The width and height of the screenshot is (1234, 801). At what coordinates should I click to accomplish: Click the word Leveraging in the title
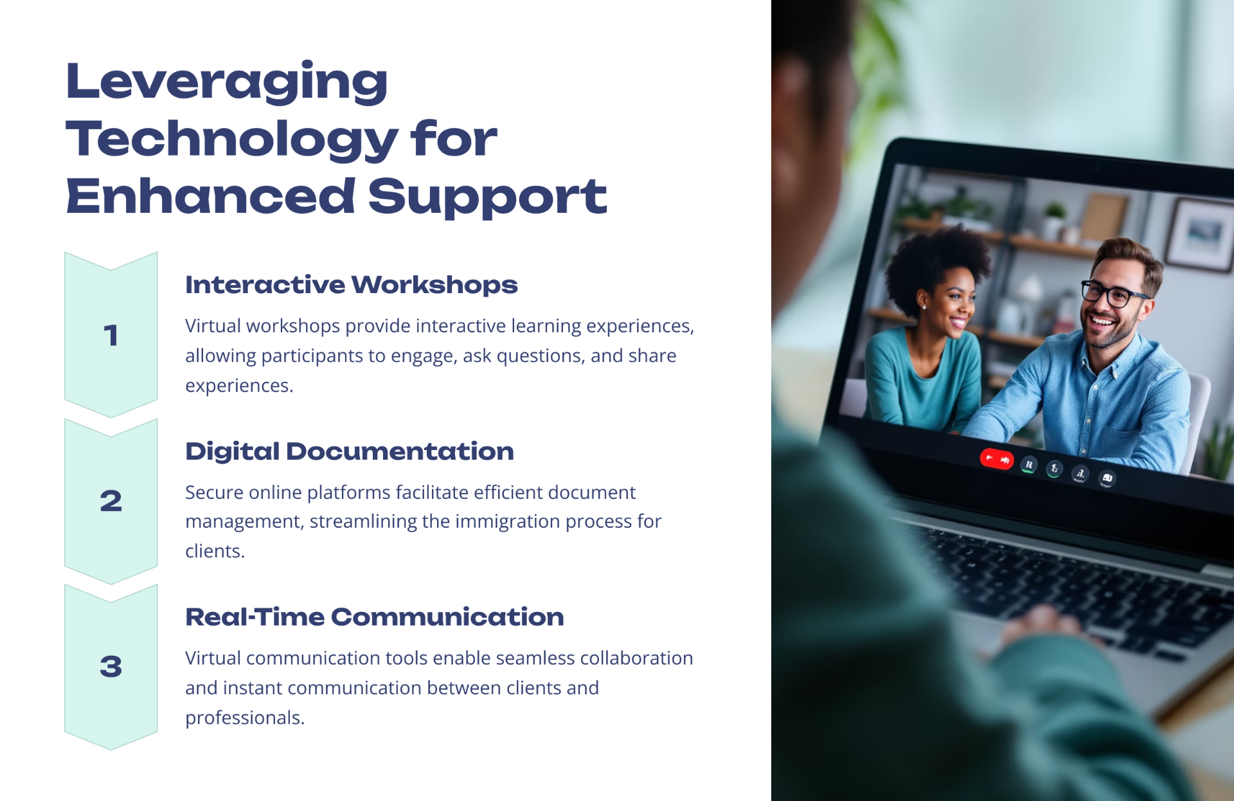(x=227, y=82)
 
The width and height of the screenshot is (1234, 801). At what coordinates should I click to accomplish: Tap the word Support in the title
(x=487, y=197)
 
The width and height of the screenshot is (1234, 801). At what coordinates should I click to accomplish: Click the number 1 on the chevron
(x=111, y=336)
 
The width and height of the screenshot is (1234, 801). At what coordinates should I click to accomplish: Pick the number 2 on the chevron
(x=111, y=501)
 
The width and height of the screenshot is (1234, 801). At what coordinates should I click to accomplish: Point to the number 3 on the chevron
(x=111, y=666)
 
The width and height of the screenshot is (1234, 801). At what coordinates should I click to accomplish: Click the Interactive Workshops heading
(x=352, y=285)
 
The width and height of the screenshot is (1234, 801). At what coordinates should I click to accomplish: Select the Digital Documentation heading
(x=350, y=451)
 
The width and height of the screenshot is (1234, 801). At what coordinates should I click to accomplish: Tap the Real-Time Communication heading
(x=375, y=617)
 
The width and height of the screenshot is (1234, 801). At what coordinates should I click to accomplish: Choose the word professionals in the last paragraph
(x=245, y=717)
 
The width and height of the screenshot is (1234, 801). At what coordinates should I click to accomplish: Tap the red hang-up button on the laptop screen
(x=996, y=459)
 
